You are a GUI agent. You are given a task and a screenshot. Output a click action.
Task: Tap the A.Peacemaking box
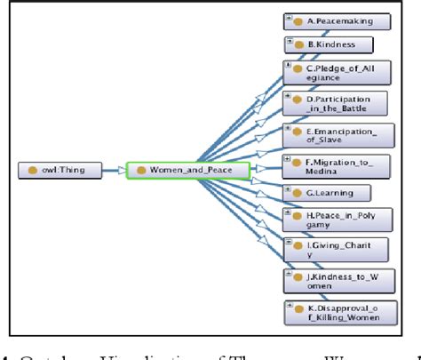(x=329, y=20)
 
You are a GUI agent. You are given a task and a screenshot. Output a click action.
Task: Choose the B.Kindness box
(x=328, y=44)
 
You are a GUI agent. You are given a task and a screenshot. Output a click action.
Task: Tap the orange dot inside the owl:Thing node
(x=32, y=169)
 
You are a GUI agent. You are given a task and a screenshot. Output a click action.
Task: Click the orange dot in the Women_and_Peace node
(x=140, y=169)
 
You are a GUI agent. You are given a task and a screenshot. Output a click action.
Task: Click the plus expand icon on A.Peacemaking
(x=290, y=16)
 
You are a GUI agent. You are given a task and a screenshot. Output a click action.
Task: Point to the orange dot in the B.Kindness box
(x=298, y=44)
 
